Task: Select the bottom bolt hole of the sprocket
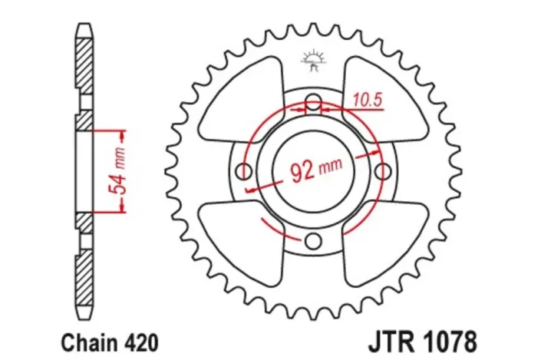pyautogui.click(x=312, y=241)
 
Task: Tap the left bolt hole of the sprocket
pyautogui.click(x=244, y=170)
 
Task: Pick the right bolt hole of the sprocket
pyautogui.click(x=381, y=170)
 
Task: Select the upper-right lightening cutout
pyautogui.click(x=384, y=96)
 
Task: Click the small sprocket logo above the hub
pyautogui.click(x=312, y=58)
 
